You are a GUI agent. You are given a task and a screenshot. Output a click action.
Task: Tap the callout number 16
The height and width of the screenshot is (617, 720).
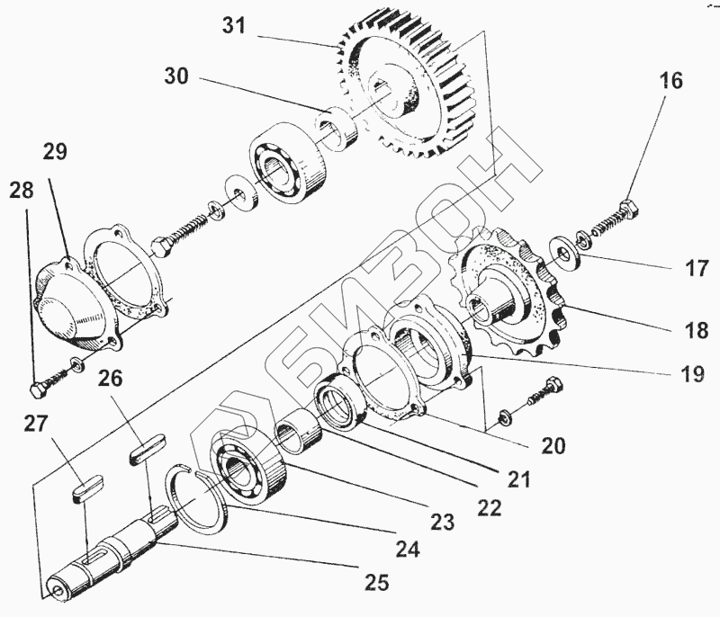(x=670, y=81)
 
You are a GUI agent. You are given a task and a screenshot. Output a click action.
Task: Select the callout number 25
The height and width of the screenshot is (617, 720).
(x=377, y=583)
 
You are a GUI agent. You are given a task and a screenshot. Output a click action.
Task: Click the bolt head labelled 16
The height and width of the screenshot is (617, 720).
(x=632, y=209)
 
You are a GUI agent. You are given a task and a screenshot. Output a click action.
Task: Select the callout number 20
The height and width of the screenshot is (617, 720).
(x=553, y=444)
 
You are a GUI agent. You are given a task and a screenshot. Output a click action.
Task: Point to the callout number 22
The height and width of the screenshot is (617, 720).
(x=489, y=506)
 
